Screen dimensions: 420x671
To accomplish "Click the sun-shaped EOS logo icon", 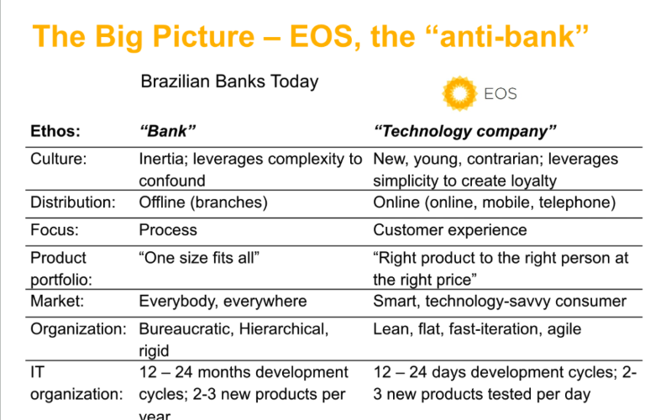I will pos(459,93).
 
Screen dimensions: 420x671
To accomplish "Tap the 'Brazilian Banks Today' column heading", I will pos(229,81).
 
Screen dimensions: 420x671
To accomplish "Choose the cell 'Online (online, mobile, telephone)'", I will pos(495,202).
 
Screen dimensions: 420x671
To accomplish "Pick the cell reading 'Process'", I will pos(168,230).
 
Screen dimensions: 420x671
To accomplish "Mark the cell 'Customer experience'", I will pos(450,230).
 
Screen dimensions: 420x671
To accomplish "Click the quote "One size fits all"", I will pos(199,258).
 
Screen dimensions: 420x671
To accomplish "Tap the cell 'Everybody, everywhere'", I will pos(223,301).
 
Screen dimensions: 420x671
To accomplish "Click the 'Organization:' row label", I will pos(79,329).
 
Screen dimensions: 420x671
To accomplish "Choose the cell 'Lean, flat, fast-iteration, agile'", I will pos(477,329).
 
